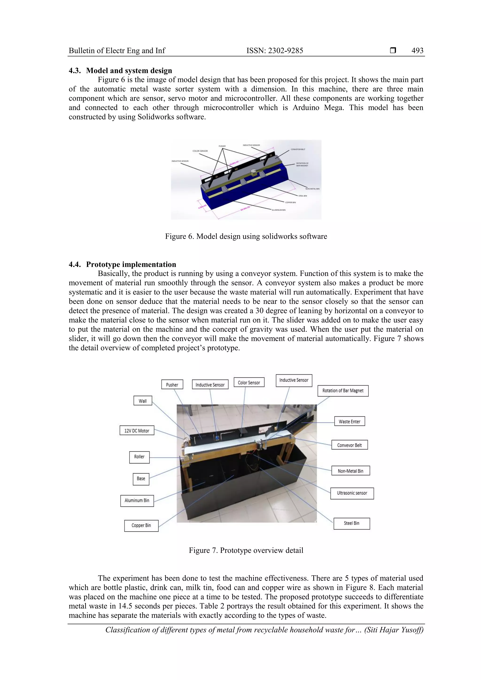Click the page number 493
tap(417, 51)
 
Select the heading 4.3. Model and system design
tap(120, 70)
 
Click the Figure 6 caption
tap(246, 236)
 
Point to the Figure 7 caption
tap(246, 550)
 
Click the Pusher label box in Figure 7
tap(172, 385)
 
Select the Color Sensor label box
tap(249, 382)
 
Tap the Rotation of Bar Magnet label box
tap(343, 391)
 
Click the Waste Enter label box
tap(349, 421)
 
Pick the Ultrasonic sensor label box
tap(352, 493)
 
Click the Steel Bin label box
tap(352, 523)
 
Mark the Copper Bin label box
tap(141, 525)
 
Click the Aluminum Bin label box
tap(137, 500)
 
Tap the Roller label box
tap(139, 457)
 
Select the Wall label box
tap(143, 401)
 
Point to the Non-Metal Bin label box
tap(350, 471)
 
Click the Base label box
tap(141, 479)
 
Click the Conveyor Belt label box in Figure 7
tap(349, 445)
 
